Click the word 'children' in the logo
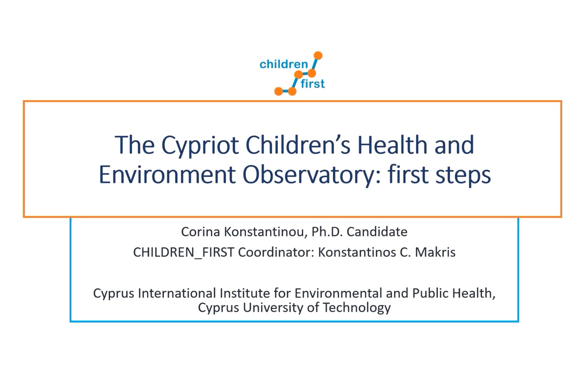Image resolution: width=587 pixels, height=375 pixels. (284, 64)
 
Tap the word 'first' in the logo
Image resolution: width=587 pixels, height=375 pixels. (313, 84)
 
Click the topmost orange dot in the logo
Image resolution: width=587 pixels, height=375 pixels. (318, 56)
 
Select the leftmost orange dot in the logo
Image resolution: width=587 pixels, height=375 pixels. (278, 91)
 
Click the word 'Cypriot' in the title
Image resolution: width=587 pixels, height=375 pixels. (200, 145)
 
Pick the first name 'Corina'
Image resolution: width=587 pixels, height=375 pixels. (200, 232)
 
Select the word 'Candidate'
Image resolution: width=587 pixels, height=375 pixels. (377, 232)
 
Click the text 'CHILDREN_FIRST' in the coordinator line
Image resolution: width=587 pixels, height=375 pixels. (184, 253)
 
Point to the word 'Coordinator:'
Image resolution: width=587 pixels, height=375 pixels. (276, 252)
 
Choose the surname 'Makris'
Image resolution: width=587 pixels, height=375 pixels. (435, 252)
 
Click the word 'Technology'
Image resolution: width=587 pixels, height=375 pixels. (357, 308)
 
